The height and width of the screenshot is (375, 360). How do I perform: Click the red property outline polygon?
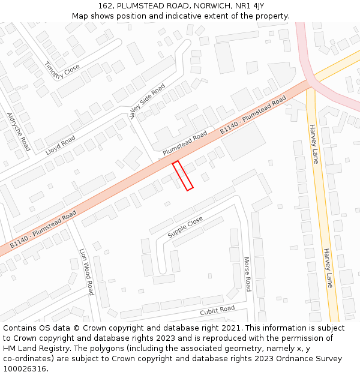[182, 176]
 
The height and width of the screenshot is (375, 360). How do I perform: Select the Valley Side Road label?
[147, 101]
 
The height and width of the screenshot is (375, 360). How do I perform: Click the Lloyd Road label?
[61, 146]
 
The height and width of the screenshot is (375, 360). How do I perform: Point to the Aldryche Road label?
[18, 131]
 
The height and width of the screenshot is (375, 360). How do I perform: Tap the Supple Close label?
[185, 228]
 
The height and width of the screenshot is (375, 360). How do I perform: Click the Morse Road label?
[247, 274]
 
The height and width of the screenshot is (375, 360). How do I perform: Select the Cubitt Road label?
[217, 310]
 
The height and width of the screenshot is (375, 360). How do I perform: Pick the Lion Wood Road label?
[86, 272]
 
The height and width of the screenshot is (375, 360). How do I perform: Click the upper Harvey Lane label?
[314, 144]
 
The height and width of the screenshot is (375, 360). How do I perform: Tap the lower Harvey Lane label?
[328, 268]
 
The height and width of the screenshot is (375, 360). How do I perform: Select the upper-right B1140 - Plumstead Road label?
[253, 116]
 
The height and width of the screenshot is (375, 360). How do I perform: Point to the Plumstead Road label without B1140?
[185, 143]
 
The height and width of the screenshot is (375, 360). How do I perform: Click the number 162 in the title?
[106, 6]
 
